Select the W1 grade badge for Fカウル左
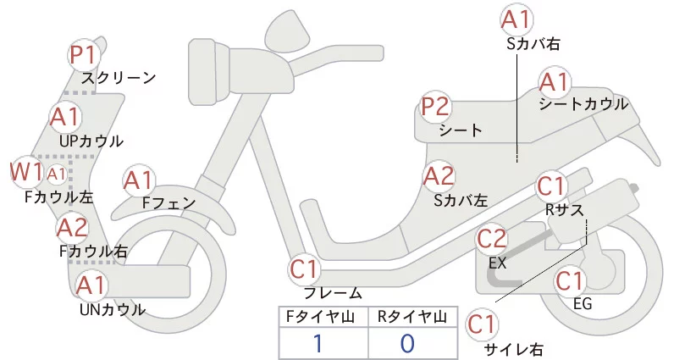(26, 172)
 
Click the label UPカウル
(91, 141)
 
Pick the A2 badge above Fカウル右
(73, 227)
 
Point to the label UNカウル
(112, 309)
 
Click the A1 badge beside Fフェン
(139, 180)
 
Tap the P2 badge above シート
(436, 108)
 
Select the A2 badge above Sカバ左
(439, 176)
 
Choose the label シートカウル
(583, 104)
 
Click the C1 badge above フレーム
(305, 270)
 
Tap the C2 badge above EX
(492, 239)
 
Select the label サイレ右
(513, 349)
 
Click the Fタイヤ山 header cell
(323, 317)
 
